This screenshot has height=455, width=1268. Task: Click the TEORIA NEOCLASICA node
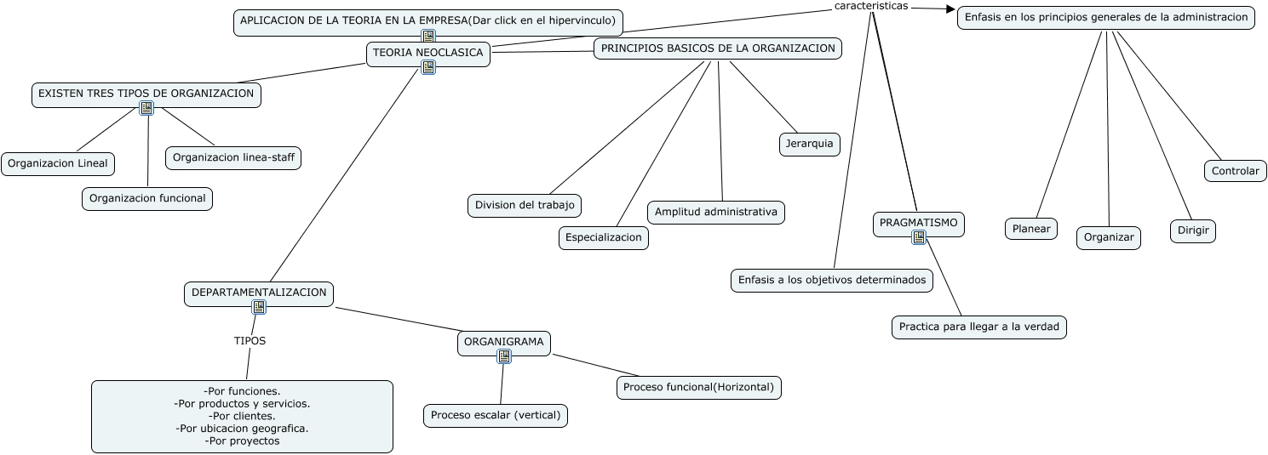428,53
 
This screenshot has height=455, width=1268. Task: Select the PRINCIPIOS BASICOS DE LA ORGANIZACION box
718,48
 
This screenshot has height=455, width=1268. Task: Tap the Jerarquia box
809,145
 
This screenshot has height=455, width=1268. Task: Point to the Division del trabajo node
525,205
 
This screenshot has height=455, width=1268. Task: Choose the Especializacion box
604,238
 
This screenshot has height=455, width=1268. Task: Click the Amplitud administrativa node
716,212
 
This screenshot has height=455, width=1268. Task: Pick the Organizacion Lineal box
58,163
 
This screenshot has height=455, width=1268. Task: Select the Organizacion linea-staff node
233,157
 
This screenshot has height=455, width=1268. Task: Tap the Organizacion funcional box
147,198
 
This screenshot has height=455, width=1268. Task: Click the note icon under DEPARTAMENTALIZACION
259,307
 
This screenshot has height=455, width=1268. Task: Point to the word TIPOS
250,340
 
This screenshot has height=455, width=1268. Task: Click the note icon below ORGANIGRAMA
504,356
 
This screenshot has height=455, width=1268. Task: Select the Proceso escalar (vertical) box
496,415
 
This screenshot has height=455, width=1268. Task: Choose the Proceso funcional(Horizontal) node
698,387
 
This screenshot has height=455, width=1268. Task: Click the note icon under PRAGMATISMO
918,237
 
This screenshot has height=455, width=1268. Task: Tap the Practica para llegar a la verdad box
979,327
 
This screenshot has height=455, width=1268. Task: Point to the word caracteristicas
871,6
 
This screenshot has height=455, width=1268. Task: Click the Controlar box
1235,171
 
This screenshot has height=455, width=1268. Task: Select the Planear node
1031,229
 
